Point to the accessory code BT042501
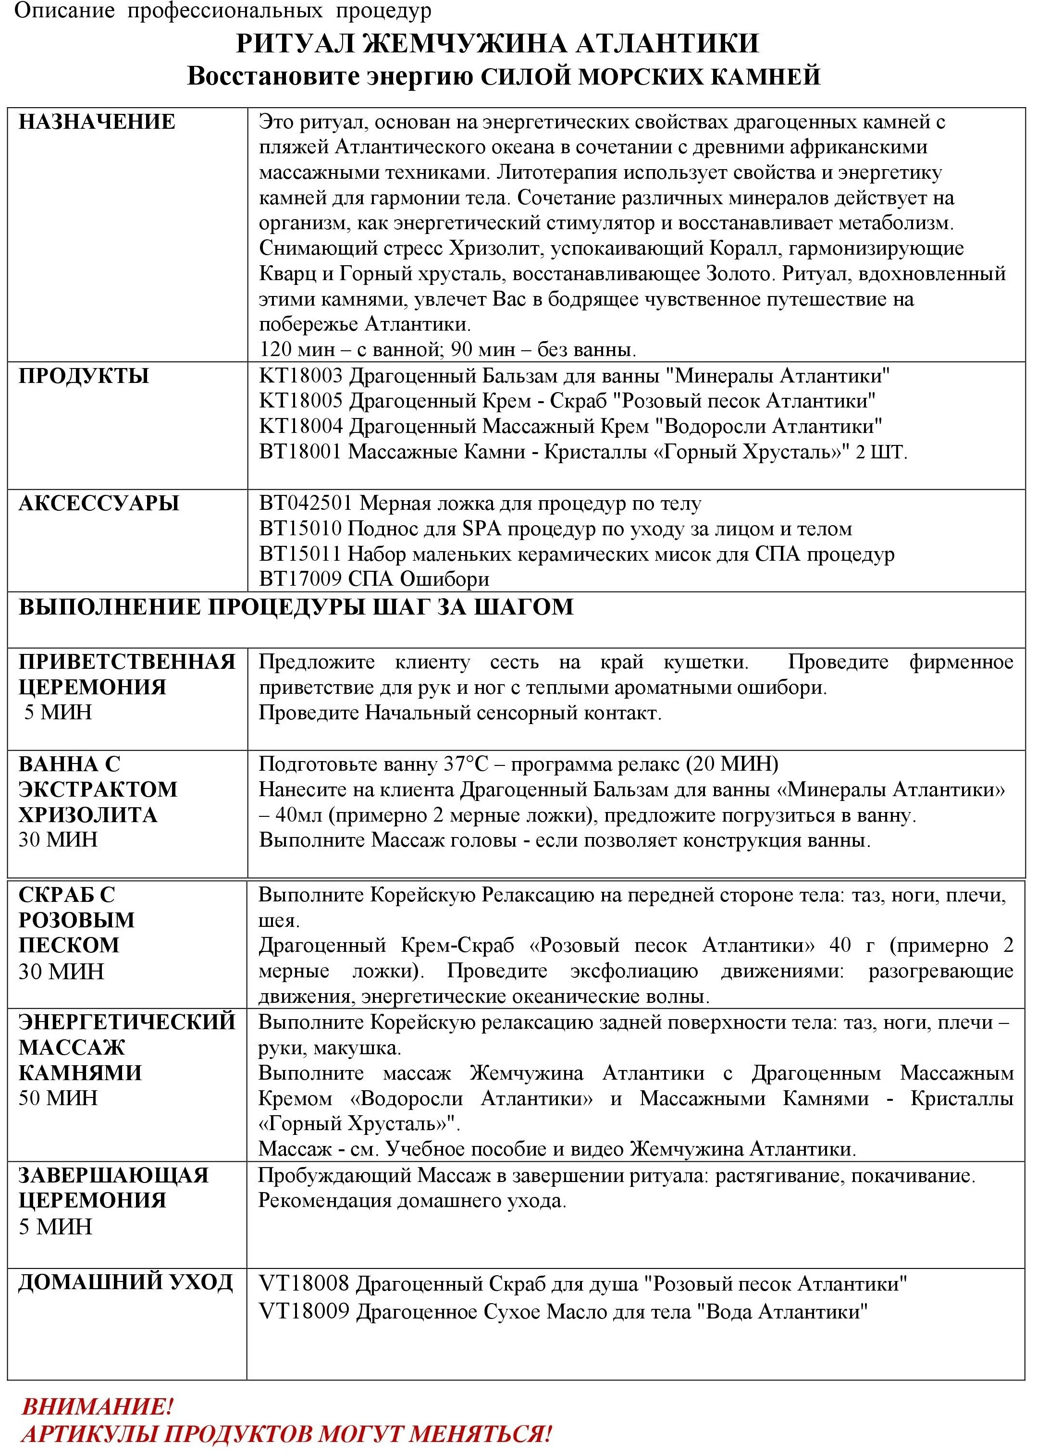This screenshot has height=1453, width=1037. pyautogui.click(x=305, y=504)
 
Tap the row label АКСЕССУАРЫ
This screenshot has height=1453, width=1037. pyautogui.click(x=99, y=504)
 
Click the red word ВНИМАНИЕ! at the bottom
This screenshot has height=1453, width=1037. pyautogui.click(x=97, y=1407)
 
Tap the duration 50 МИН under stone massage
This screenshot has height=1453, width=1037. pyautogui.click(x=58, y=1098)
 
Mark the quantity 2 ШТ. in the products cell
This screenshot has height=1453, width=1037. pyautogui.click(x=881, y=452)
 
